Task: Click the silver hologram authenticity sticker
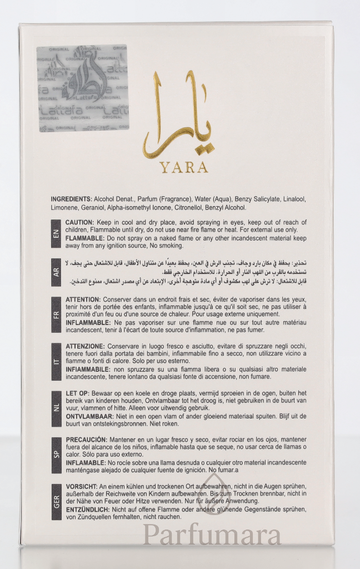pos(82,88)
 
